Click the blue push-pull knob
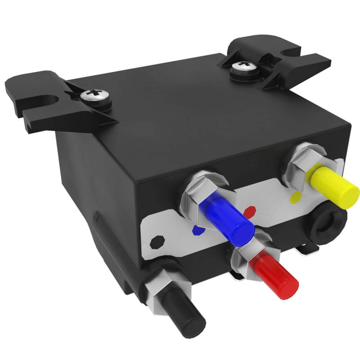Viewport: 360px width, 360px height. pyautogui.click(x=226, y=218)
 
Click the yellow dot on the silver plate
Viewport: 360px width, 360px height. pyautogui.click(x=295, y=196)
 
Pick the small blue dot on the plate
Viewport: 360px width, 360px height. pyautogui.click(x=195, y=230)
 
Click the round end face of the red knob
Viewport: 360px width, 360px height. pyautogui.click(x=287, y=285)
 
